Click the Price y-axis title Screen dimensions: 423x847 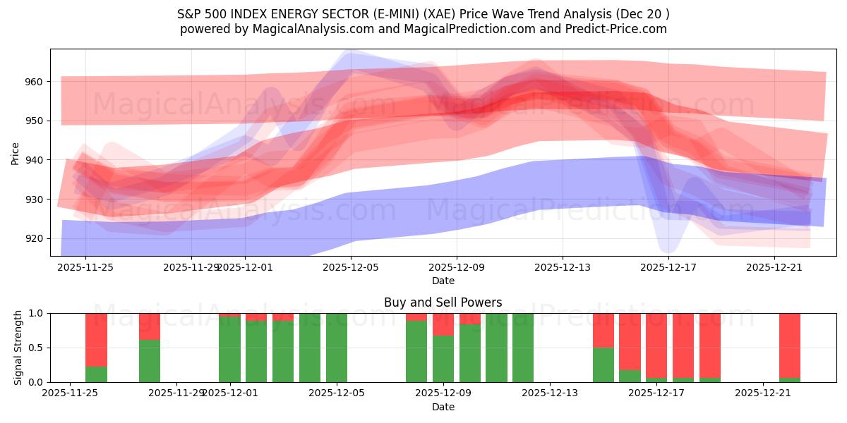(15, 153)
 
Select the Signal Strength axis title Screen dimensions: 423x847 (19, 348)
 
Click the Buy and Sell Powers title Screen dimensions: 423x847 (443, 302)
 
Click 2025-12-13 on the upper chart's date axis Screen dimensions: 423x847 (562, 267)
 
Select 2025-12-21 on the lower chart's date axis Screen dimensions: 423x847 (763, 393)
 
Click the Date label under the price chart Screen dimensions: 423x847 (443, 281)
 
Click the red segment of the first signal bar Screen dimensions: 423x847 (96, 339)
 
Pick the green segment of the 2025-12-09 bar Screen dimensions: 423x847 (443, 359)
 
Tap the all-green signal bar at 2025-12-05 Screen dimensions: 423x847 (337, 348)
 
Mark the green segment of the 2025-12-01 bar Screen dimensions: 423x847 (229, 350)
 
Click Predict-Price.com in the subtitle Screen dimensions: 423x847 (612, 29)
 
